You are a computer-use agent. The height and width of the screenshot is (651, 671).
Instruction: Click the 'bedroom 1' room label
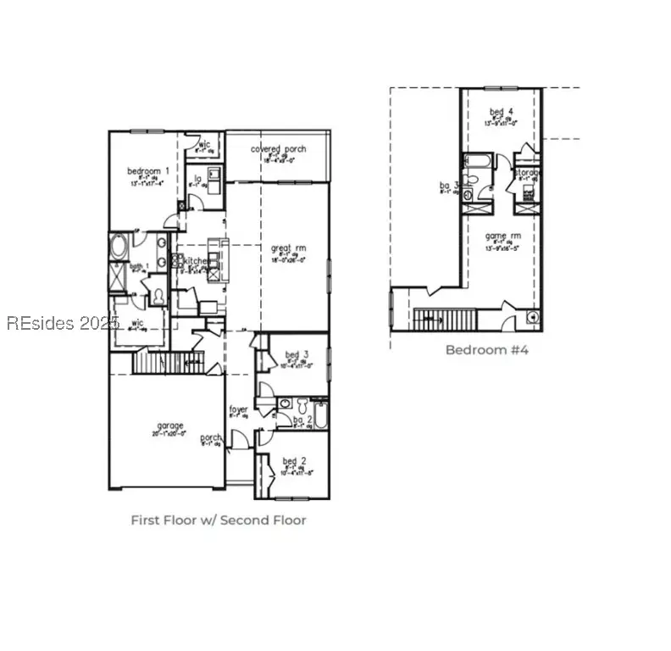point(148,171)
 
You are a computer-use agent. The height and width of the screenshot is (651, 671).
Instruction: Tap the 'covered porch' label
point(278,149)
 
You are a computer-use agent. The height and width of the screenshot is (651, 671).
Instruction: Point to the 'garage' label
point(169,426)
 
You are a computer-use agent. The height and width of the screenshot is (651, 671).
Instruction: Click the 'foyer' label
point(239,410)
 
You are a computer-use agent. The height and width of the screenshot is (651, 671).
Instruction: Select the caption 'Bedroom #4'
point(487,349)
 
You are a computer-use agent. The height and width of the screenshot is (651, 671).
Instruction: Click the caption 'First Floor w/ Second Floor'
point(218,520)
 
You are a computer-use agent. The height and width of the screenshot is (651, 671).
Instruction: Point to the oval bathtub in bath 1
point(119,248)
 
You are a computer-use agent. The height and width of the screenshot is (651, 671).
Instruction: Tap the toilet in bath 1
point(158,296)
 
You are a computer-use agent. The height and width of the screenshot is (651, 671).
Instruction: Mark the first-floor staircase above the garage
point(169,362)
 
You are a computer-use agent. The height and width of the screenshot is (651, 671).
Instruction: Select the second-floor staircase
point(445,320)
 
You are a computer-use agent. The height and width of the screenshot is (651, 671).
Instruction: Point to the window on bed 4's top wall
point(500,89)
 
